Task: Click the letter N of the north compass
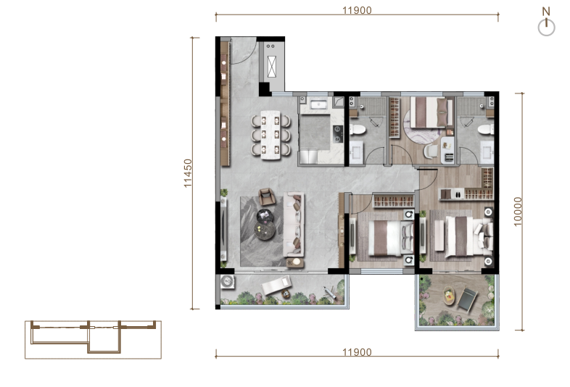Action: pyautogui.click(x=546, y=12)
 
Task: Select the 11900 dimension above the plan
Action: pyautogui.click(x=357, y=10)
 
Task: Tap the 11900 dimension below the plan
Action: pyautogui.click(x=357, y=352)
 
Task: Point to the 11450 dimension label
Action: pyautogui.click(x=188, y=173)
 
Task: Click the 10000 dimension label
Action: pyautogui.click(x=518, y=212)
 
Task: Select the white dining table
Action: pyautogui.click(x=270, y=135)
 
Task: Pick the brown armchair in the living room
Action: pyautogui.click(x=267, y=196)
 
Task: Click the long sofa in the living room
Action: pyautogui.click(x=294, y=225)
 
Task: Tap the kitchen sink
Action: pyautogui.click(x=320, y=105)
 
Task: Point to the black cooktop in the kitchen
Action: pyautogui.click(x=338, y=134)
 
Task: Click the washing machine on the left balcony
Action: pyautogui.click(x=228, y=281)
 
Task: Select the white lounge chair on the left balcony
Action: pyautogui.click(x=276, y=285)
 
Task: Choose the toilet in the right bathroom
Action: pyautogui.click(x=486, y=130)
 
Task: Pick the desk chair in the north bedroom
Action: pyautogui.click(x=431, y=151)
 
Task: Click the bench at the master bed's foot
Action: pyautogui.click(x=439, y=235)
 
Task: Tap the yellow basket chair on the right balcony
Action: pyautogui.click(x=450, y=296)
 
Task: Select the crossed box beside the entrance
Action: pyautogui.click(x=271, y=67)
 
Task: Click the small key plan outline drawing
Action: pyautogui.click(x=93, y=339)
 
